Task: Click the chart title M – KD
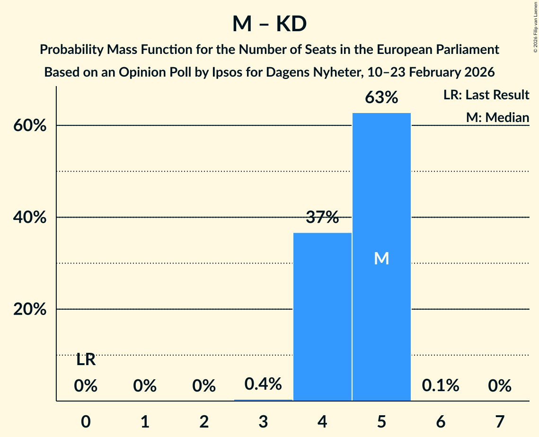click(x=269, y=24)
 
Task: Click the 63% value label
click(x=381, y=98)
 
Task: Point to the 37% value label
click(x=322, y=218)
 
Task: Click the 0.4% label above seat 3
click(x=263, y=384)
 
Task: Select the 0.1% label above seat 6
click(x=441, y=386)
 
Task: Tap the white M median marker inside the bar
click(x=381, y=258)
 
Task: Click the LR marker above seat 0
click(x=86, y=360)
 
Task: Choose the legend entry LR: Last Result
click(x=486, y=95)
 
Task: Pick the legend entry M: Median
click(x=497, y=117)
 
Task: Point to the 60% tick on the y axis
click(x=33, y=126)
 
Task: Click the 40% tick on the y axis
click(x=33, y=218)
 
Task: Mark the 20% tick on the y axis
click(x=33, y=309)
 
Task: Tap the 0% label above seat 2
click(x=204, y=386)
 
